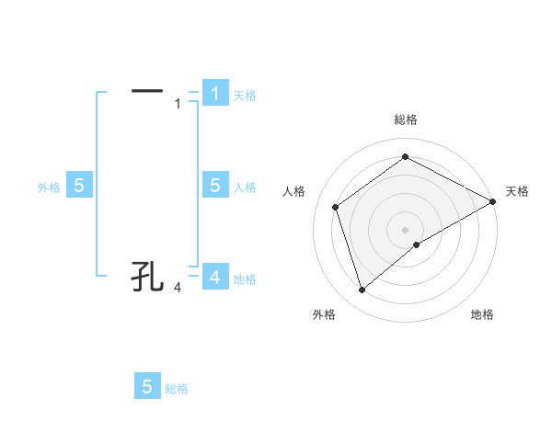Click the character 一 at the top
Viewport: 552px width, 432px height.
click(x=147, y=91)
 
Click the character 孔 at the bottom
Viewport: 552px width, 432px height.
click(x=147, y=275)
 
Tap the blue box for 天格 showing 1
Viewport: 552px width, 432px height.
click(x=214, y=94)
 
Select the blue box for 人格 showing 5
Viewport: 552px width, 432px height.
click(x=214, y=186)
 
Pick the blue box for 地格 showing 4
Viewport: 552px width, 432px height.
click(x=214, y=277)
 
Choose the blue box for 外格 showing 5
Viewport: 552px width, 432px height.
click(x=79, y=186)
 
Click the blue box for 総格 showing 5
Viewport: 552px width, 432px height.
click(x=147, y=387)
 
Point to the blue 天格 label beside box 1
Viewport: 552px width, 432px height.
click(x=245, y=96)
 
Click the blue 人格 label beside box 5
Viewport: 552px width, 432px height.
click(x=245, y=188)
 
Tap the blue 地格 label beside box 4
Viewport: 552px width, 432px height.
click(x=245, y=279)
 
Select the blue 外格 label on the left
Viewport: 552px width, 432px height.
click(x=49, y=188)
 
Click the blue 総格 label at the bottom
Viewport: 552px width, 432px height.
click(x=177, y=390)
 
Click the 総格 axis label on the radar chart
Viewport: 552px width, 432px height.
click(x=406, y=119)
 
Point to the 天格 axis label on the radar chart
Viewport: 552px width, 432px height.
click(x=517, y=191)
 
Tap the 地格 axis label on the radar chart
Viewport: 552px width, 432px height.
click(x=482, y=315)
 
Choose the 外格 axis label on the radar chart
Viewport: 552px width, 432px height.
click(x=324, y=315)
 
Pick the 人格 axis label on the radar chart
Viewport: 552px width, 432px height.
click(x=293, y=191)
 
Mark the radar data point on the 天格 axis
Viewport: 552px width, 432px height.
click(x=493, y=200)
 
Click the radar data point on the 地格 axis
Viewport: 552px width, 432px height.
click(x=417, y=244)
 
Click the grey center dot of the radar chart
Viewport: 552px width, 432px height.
click(x=406, y=229)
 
